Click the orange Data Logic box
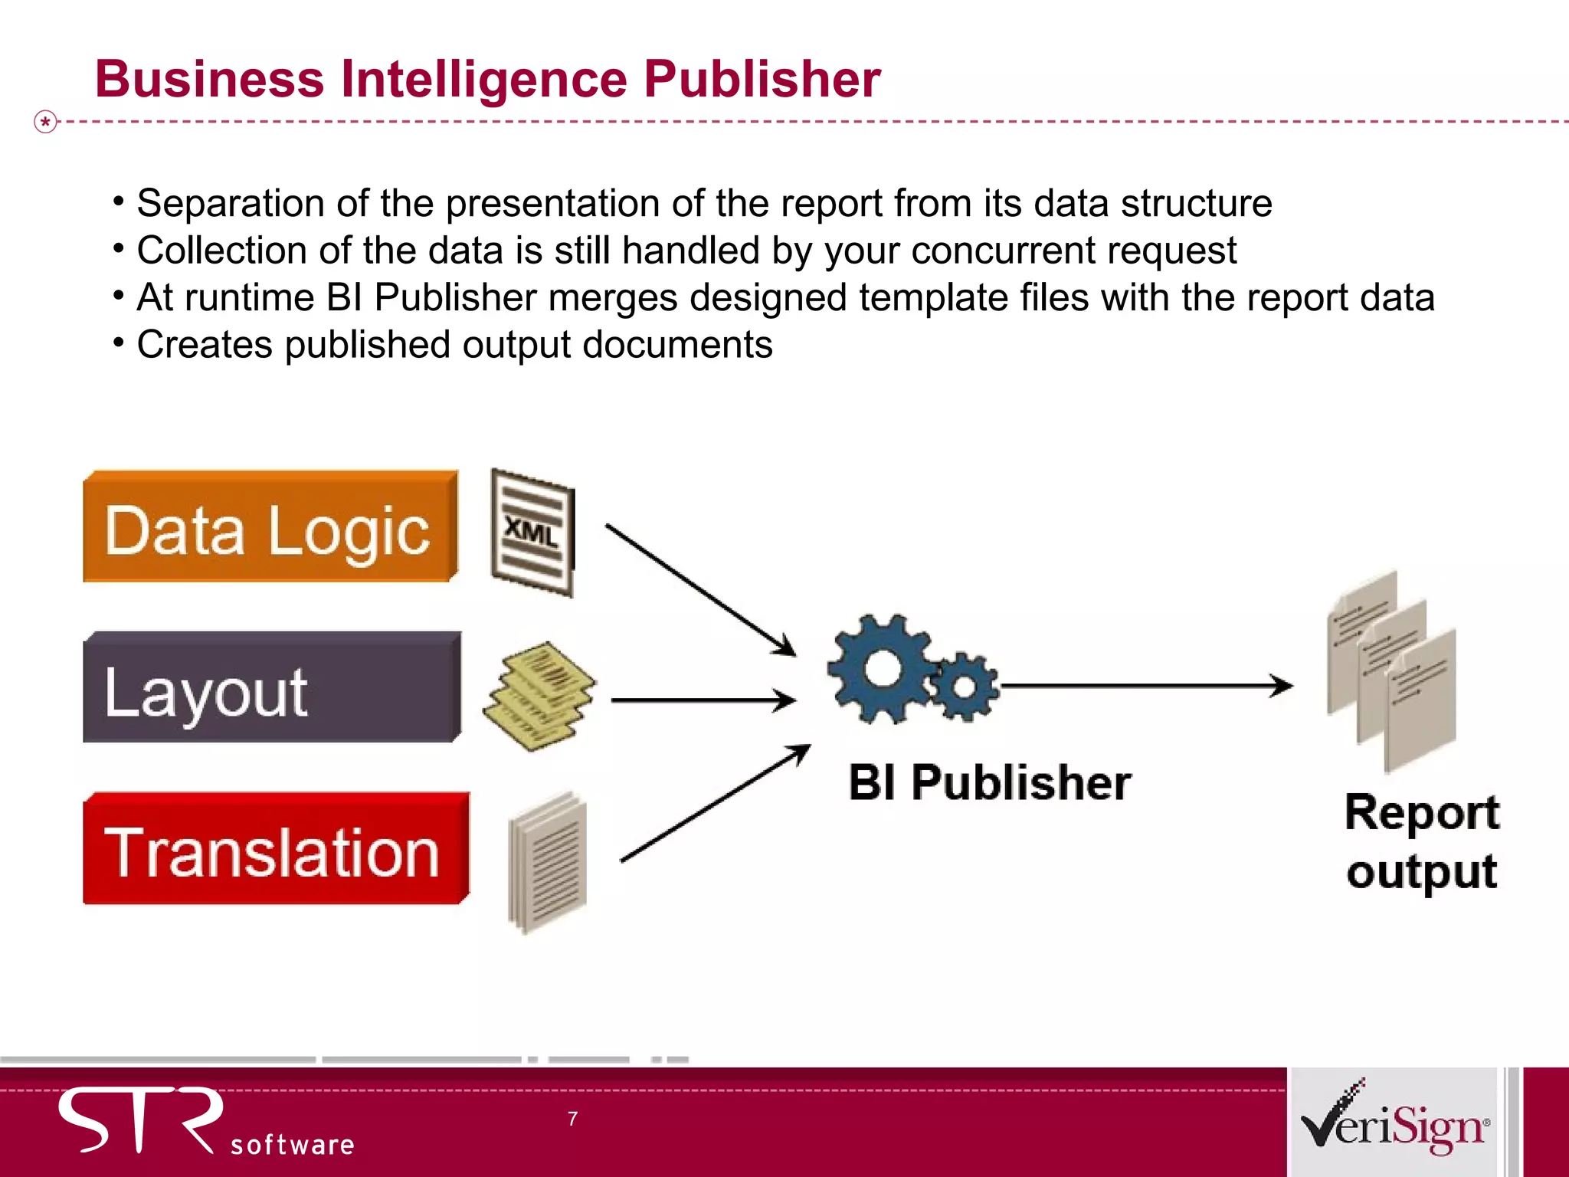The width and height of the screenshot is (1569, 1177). pos(270,528)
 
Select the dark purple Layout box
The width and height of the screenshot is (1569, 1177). pos(271,688)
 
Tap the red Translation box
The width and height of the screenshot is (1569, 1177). pos(275,849)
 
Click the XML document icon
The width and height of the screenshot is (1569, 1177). pos(532,533)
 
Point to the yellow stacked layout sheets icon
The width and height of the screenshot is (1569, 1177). pos(539,695)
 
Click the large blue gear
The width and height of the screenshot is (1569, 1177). pos(882,668)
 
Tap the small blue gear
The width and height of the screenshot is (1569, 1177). pos(965,686)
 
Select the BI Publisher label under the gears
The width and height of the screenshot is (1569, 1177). pos(989,783)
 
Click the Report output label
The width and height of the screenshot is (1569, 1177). pos(1421,841)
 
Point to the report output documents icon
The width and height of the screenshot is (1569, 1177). pos(1391,670)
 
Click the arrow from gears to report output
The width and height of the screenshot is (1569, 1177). pos(1145,685)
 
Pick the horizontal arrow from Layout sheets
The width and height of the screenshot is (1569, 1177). pos(703,700)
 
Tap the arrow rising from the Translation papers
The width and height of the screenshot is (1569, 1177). pos(714,804)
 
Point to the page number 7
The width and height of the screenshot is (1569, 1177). pos(572,1119)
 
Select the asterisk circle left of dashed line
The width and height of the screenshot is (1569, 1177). pos(46,122)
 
